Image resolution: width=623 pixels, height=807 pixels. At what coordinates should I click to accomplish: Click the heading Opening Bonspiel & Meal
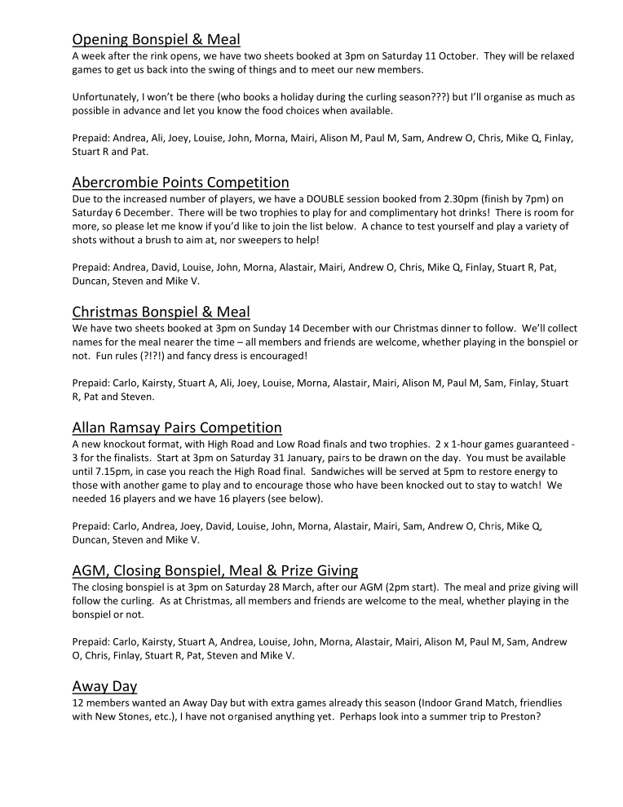pyautogui.click(x=156, y=38)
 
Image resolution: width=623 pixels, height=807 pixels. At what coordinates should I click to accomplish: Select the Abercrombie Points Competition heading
pyautogui.click(x=180, y=181)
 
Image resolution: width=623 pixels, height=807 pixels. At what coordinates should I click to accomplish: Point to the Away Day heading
pyautogui.click(x=104, y=686)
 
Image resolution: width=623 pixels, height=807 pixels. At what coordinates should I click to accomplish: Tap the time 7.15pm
pyautogui.click(x=107, y=472)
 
